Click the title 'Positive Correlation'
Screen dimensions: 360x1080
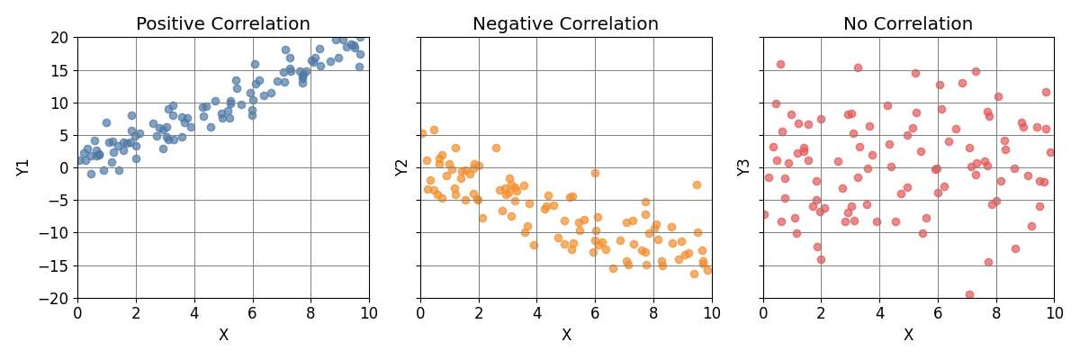(x=223, y=24)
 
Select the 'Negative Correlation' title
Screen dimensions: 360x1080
(x=565, y=24)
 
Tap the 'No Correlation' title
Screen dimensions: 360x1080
(x=908, y=24)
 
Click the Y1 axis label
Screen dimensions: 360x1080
(x=24, y=167)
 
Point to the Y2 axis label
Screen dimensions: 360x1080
(x=403, y=167)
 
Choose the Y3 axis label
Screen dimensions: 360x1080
(x=745, y=167)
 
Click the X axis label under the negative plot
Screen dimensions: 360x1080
(x=566, y=336)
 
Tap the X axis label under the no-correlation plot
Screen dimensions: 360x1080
(x=908, y=336)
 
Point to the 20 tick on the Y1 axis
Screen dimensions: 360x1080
(x=59, y=38)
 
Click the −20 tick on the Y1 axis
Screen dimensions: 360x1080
(x=56, y=298)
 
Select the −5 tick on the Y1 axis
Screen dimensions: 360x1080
(x=59, y=201)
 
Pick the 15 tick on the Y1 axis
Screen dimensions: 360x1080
(x=59, y=70)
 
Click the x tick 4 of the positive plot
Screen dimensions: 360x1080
(x=194, y=313)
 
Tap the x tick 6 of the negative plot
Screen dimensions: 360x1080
(x=595, y=313)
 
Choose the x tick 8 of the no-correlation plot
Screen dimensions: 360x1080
(x=996, y=313)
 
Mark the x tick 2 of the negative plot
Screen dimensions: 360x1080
(x=479, y=313)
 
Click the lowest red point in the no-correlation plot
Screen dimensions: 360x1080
(x=969, y=294)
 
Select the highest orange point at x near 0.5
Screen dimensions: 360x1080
(x=434, y=130)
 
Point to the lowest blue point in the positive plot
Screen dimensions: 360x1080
(x=91, y=174)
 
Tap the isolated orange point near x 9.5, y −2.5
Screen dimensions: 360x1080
(x=697, y=184)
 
